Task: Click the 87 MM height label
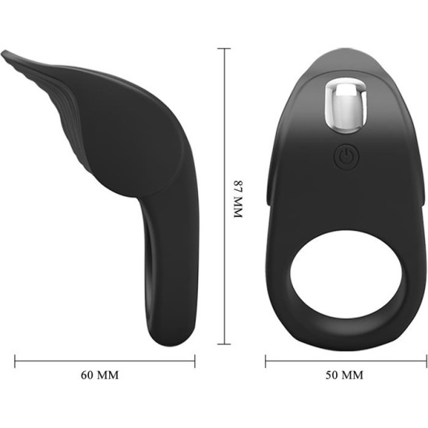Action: pyautogui.click(x=239, y=199)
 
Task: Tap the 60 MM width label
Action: pyautogui.click(x=101, y=374)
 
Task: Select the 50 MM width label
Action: pyautogui.click(x=343, y=374)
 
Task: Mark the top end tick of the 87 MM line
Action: pyautogui.click(x=226, y=49)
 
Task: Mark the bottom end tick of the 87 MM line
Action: pyautogui.click(x=226, y=343)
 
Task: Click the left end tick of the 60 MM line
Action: pyautogui.click(x=16, y=360)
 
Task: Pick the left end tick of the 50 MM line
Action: pyautogui.click(x=266, y=360)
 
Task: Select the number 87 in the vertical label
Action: pyautogui.click(x=239, y=188)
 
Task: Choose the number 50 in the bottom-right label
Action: pyautogui.click(x=331, y=374)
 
